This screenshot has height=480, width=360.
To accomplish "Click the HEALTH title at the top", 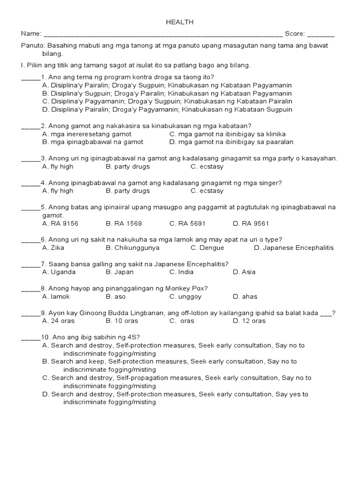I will pyautogui.click(x=180, y=22).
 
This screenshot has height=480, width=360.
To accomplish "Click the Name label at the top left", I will pyautogui.click(x=30, y=34).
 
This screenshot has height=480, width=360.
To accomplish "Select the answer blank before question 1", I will pyautogui.click(x=31, y=77).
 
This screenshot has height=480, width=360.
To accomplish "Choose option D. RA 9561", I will pyautogui.click(x=251, y=224).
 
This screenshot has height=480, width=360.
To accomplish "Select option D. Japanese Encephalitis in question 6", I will pyautogui.click(x=293, y=247).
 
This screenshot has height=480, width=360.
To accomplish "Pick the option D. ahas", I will pyautogui.click(x=245, y=296).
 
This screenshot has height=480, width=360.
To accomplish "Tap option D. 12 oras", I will pyautogui.click(x=249, y=321).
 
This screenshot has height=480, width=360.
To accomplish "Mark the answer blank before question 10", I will pyautogui.click(x=31, y=337).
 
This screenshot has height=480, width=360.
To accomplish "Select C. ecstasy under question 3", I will pyautogui.click(x=207, y=166).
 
